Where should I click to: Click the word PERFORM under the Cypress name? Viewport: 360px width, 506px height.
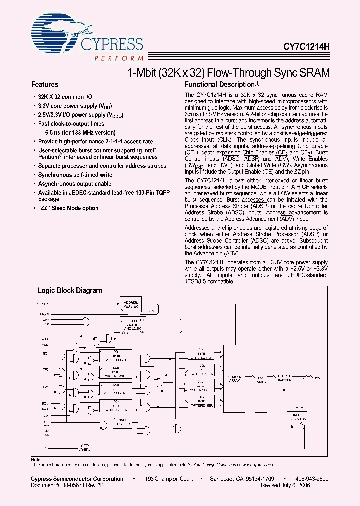pos(118,58)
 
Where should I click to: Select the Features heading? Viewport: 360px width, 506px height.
pos(45,85)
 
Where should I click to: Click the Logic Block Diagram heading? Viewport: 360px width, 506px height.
pos(70,291)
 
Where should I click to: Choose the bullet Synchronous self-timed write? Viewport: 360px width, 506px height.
pos(75,175)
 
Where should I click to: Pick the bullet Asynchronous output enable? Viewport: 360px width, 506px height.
pos(75,184)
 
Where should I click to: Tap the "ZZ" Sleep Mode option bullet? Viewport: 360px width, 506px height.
pos(68,208)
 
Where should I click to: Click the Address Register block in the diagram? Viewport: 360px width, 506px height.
pos(130,305)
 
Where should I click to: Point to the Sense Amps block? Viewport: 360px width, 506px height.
pos(261,379)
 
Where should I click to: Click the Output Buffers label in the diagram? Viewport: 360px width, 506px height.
pos(284,378)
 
